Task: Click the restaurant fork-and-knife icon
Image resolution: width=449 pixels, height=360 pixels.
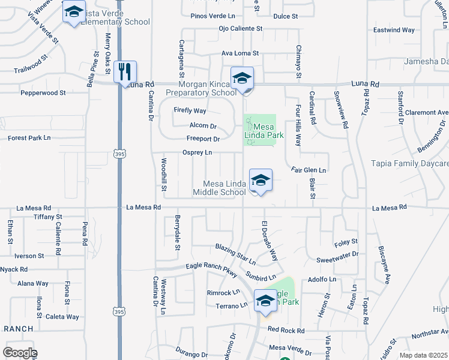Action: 125,71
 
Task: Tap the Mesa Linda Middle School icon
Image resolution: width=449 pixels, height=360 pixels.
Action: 261,180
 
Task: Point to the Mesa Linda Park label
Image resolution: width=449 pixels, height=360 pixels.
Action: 265,131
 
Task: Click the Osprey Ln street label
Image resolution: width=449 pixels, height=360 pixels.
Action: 197,152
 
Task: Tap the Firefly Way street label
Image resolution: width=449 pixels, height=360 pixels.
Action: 190,111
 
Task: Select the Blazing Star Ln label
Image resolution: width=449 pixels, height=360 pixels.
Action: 236,255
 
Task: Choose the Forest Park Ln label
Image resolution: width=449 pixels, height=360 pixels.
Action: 29,138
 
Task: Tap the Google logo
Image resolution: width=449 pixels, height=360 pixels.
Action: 20,353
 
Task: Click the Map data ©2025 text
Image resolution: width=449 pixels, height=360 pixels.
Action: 424,355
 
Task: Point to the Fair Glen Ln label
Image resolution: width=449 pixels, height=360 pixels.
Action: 309,170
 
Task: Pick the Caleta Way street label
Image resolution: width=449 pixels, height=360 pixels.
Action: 64,317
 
